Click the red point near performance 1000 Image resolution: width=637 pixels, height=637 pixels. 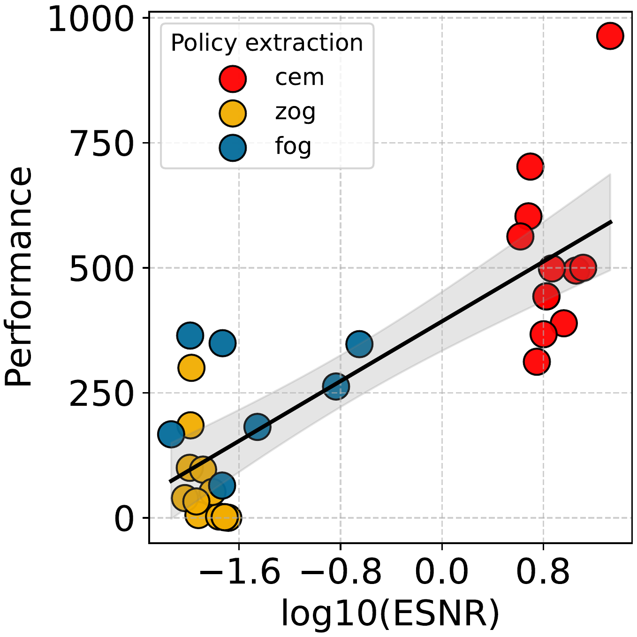610,36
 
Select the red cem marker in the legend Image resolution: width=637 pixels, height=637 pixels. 233,78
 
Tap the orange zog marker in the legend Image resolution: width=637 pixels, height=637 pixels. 233,113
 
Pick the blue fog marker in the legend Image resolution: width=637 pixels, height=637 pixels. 233,147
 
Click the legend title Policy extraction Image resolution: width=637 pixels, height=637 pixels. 267,43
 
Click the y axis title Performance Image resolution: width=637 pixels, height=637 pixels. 19,277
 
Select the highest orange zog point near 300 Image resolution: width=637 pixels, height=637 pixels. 191,367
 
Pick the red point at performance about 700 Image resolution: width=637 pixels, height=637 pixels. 531,166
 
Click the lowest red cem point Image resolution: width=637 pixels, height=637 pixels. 537,362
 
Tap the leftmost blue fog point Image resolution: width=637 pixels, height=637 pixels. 171,434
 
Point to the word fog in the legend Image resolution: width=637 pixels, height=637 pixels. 293,146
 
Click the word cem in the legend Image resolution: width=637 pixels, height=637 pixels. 299,77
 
